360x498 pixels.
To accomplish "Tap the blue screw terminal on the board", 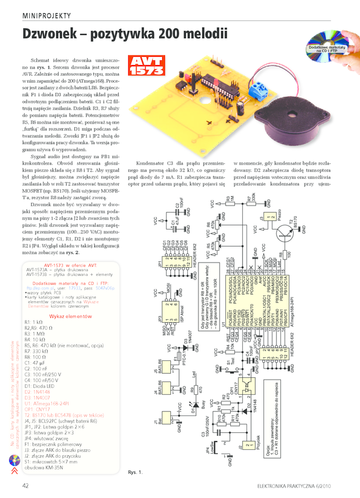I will click(258, 88).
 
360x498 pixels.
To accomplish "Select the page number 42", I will click(26, 485).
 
